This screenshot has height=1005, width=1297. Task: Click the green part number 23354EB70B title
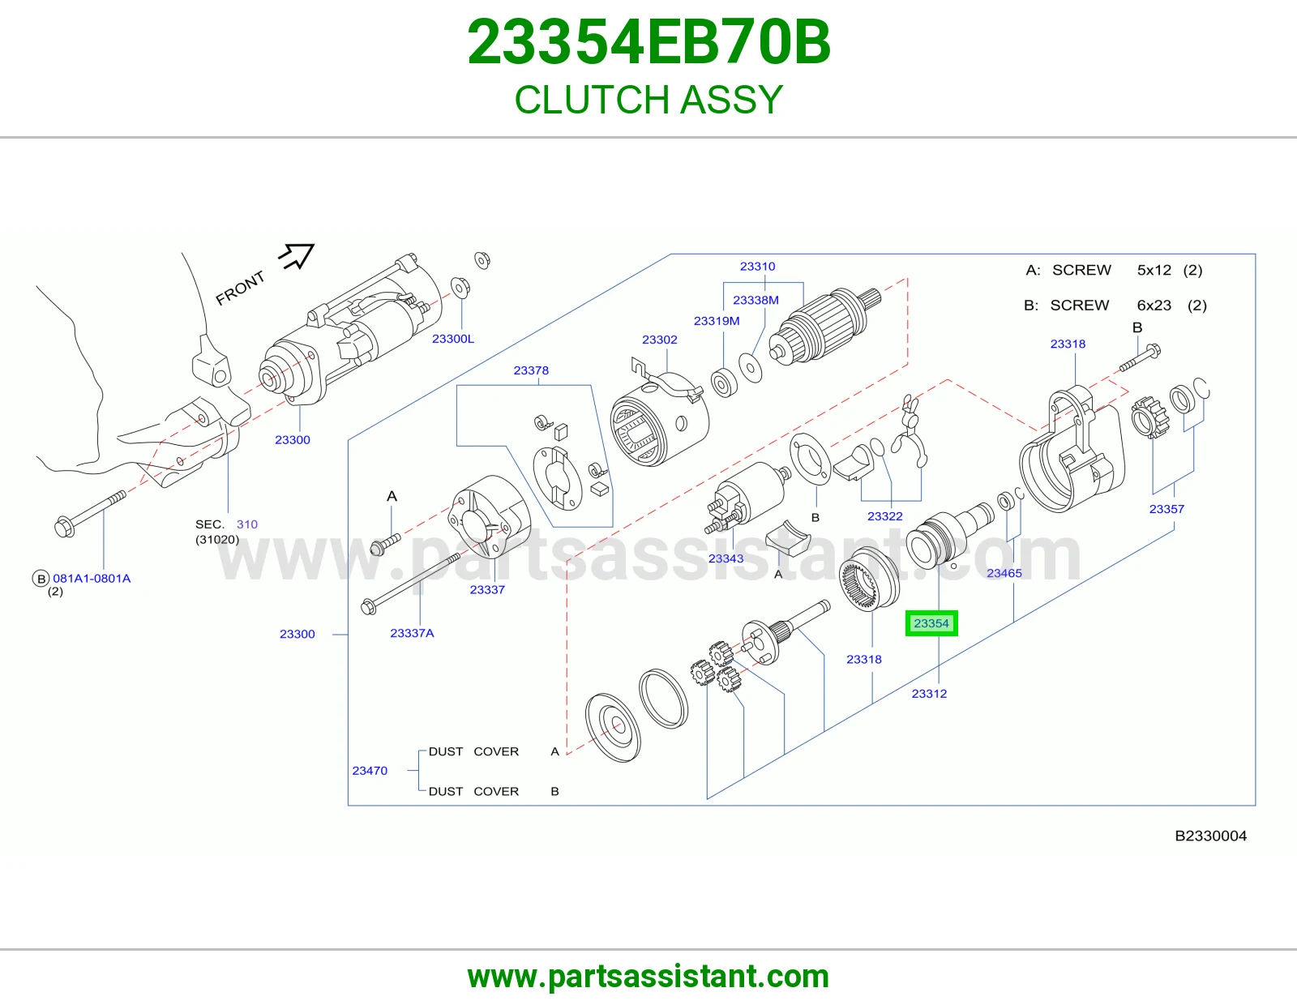tap(648, 42)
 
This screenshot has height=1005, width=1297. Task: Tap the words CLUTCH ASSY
tap(648, 99)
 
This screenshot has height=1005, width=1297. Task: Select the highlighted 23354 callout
tap(931, 623)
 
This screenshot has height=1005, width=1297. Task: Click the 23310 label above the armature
tap(757, 266)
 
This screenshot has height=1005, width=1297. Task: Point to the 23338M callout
tap(756, 300)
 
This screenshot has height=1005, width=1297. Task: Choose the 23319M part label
tap(717, 320)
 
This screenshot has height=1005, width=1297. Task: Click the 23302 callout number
tap(660, 340)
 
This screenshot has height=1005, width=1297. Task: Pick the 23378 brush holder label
tap(531, 370)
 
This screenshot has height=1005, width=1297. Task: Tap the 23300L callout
tap(453, 339)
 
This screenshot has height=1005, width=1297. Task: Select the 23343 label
tap(726, 558)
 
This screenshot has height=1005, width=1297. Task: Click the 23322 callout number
tap(884, 516)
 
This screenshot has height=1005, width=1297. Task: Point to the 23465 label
tap(1004, 573)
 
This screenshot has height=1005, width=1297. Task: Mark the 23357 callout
tap(1166, 509)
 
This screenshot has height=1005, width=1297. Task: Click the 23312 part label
tap(929, 694)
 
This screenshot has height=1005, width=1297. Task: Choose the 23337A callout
tap(412, 633)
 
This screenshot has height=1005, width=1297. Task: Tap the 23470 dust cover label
tap(370, 771)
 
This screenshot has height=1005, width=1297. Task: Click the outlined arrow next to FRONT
tap(297, 256)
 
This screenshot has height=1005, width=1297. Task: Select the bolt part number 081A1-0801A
tap(92, 579)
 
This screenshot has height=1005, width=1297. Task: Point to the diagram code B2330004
tap(1210, 836)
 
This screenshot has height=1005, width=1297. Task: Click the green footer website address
tap(648, 977)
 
